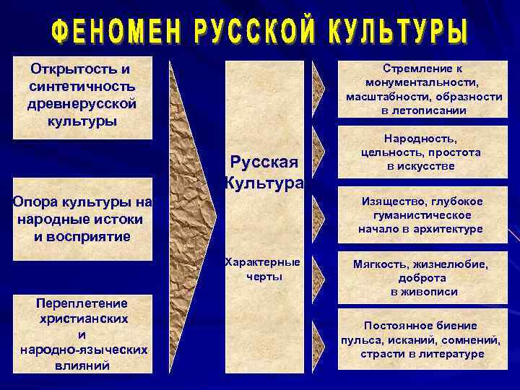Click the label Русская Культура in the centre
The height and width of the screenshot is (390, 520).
click(x=264, y=173)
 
